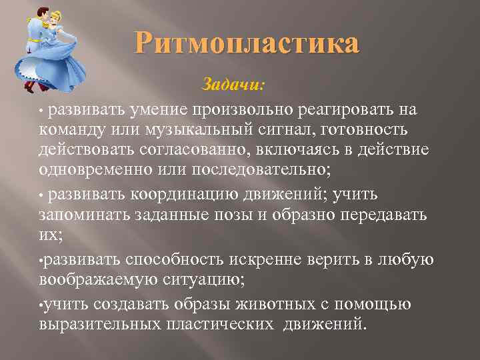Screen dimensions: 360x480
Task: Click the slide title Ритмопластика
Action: [x=247, y=45]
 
